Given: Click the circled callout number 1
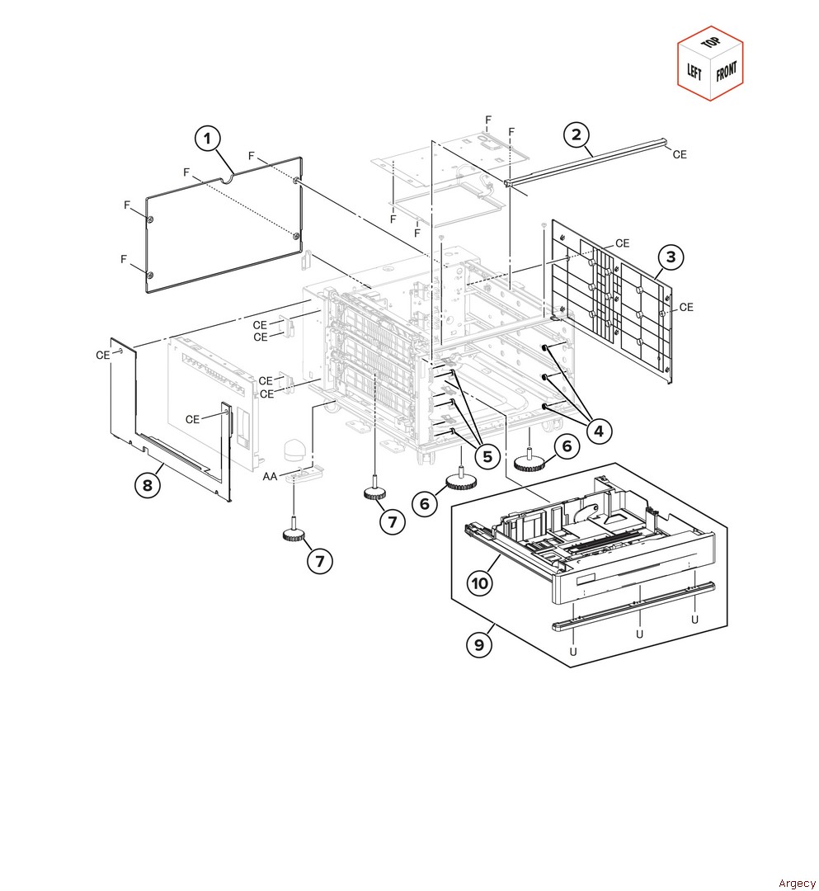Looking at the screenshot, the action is coord(208,138).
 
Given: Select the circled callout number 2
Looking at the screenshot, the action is coord(577,134).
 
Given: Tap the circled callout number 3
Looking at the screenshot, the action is coord(671,257).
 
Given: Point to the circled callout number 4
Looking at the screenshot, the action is coord(598,431).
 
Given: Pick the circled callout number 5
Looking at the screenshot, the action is coord(487,455).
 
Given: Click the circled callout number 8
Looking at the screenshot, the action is coord(148,485).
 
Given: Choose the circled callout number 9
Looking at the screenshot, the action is coord(479,644).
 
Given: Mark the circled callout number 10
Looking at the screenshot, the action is coord(480,583).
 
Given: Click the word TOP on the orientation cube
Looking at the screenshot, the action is coord(710,43).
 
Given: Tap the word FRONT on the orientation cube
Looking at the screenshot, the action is coord(727,72).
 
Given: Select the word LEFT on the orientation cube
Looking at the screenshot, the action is coord(694,71).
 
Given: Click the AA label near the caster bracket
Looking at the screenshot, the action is coord(270,476).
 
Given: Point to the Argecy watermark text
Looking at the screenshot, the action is coord(797,883).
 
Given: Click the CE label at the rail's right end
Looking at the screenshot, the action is coord(680,154).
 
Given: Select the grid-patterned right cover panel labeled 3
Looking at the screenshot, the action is coord(612,301).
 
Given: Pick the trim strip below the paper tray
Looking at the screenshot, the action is coord(634,606).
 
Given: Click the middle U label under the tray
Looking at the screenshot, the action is coord(639,634).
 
